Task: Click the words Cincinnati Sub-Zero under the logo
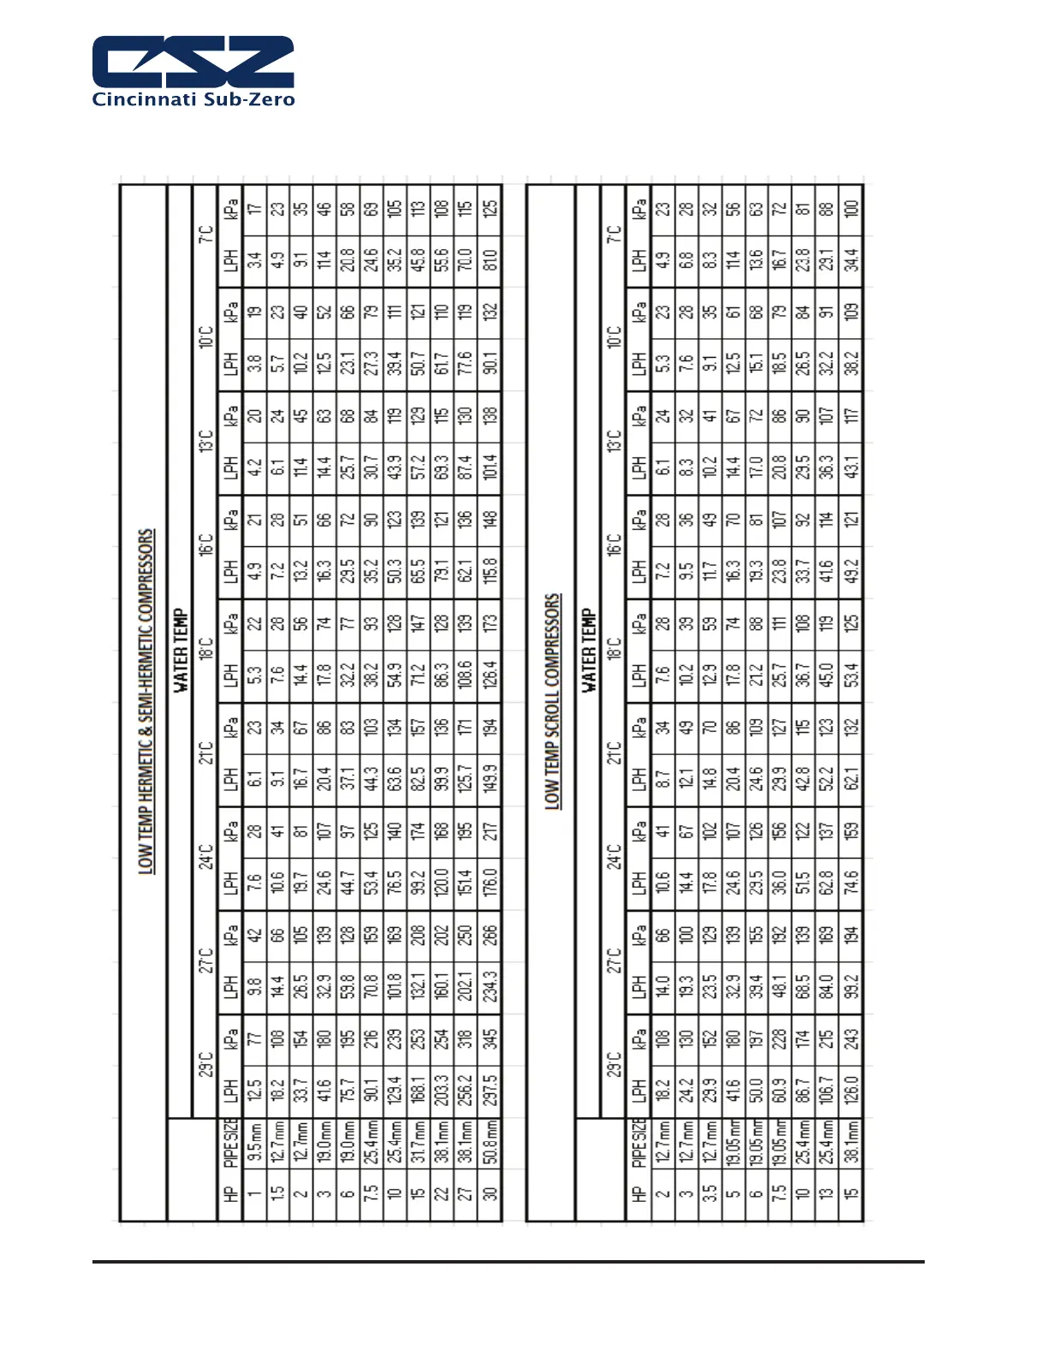(193, 99)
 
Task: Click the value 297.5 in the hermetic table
(490, 1089)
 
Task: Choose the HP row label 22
(442, 1192)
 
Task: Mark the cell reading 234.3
(490, 984)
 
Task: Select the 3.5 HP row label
(710, 1192)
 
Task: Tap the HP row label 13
(827, 1192)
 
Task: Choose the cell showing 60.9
(780, 1089)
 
